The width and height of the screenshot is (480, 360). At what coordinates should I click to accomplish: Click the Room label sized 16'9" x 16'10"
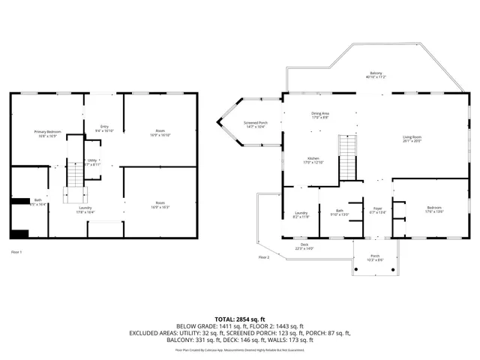160,133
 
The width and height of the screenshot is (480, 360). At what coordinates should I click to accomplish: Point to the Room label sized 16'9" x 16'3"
160,204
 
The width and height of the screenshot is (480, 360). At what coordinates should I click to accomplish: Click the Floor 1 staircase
74,177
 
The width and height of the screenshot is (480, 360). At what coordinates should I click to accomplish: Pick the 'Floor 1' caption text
16,252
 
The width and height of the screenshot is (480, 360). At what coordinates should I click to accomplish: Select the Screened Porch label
255,124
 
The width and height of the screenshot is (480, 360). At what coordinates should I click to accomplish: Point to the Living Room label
412,139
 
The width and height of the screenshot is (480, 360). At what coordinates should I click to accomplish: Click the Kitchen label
313,160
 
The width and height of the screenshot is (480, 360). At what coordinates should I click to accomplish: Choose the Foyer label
377,211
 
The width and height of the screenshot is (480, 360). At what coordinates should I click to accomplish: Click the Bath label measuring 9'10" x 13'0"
339,213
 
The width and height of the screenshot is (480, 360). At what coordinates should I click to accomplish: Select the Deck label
304,246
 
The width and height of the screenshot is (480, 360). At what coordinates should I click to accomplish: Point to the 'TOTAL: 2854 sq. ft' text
239,319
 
